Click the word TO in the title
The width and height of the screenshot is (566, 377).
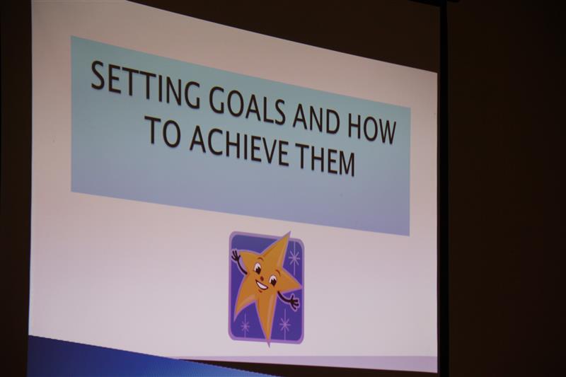165,130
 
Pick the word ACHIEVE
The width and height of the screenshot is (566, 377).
238,146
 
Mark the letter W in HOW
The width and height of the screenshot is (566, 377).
385,132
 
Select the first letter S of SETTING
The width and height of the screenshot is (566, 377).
98,76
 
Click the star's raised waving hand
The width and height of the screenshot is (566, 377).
236,257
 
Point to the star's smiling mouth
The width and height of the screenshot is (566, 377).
262,286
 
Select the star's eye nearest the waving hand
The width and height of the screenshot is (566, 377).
258,268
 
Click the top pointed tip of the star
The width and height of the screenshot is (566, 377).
289,233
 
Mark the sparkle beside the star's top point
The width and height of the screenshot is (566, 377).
294,257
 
